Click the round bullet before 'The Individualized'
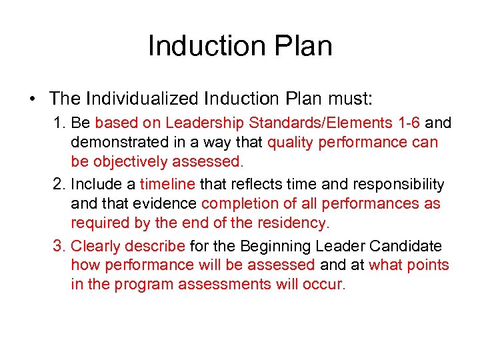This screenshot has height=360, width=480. [x=32, y=100]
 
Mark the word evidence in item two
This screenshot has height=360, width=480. [x=167, y=203]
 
